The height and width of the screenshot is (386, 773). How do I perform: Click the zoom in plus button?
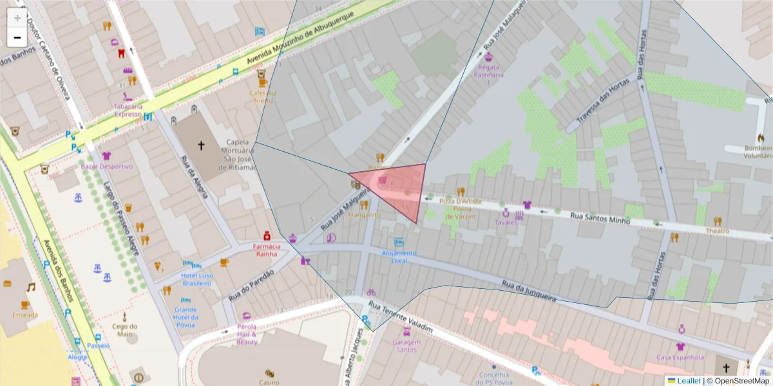pyautogui.click(x=17, y=18)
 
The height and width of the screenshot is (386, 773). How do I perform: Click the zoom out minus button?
pyautogui.click(x=17, y=37)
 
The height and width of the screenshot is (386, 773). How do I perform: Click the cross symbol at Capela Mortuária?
pyautogui.click(x=200, y=146)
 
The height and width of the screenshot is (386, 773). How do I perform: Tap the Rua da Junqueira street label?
pyautogui.click(x=528, y=291)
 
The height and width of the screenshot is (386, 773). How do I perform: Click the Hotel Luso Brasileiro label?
pyautogui.click(x=197, y=279)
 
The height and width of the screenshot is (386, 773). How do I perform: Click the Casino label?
pyautogui.click(x=269, y=382)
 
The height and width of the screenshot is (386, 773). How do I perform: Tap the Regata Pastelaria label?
pyautogui.click(x=488, y=74)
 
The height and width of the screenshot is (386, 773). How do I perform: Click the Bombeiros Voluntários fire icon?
pyautogui.click(x=760, y=138)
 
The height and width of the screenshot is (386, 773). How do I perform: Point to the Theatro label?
pyautogui.click(x=717, y=230)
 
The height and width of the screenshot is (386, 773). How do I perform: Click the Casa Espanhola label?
pyautogui.click(x=680, y=357)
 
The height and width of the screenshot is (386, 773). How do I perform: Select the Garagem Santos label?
pyautogui.click(x=406, y=345)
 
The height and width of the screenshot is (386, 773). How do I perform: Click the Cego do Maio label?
pyautogui.click(x=125, y=329)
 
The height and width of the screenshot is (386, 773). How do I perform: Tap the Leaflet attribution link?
pyautogui.click(x=689, y=381)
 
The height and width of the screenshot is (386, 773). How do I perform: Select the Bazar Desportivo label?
pyautogui.click(x=107, y=166)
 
